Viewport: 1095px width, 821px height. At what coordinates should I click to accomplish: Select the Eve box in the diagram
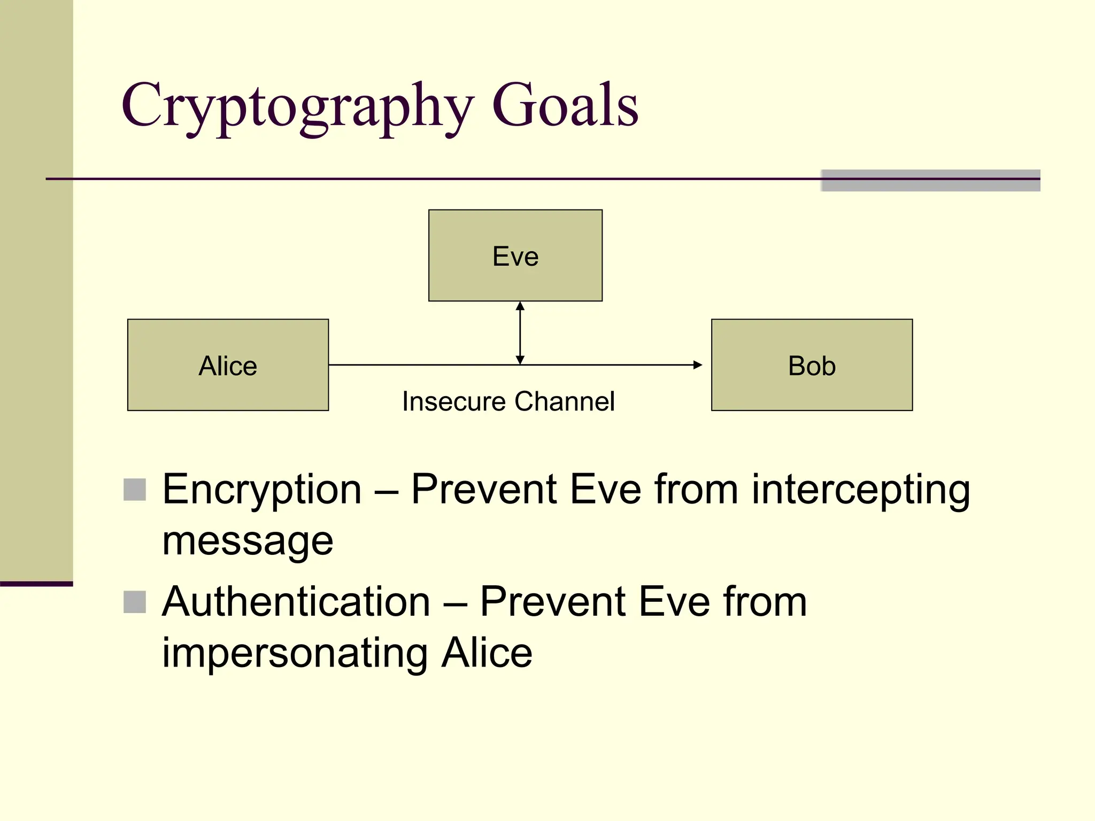[x=515, y=255]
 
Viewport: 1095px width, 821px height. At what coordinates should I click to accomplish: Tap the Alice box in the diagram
[x=228, y=365]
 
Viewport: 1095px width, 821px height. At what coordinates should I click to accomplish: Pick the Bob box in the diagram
[x=811, y=365]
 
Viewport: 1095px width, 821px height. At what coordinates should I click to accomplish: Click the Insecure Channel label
[x=508, y=401]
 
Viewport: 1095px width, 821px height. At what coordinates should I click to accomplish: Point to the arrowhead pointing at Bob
[x=697, y=365]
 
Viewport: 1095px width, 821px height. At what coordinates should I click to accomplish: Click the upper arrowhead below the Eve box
[x=520, y=306]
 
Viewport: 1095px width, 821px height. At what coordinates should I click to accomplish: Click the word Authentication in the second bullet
[x=296, y=601]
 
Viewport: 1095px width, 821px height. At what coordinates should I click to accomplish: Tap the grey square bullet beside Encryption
[x=135, y=490]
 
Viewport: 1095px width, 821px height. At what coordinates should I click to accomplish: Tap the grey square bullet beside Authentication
[x=135, y=602]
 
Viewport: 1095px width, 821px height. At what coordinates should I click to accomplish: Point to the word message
[x=248, y=541]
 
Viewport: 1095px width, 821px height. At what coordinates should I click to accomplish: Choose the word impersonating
[x=295, y=653]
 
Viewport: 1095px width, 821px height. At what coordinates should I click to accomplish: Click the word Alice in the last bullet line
[x=487, y=653]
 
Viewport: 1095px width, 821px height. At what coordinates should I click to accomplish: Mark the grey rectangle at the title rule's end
[x=930, y=181]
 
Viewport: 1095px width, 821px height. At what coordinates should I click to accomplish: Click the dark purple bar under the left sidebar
[x=36, y=584]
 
